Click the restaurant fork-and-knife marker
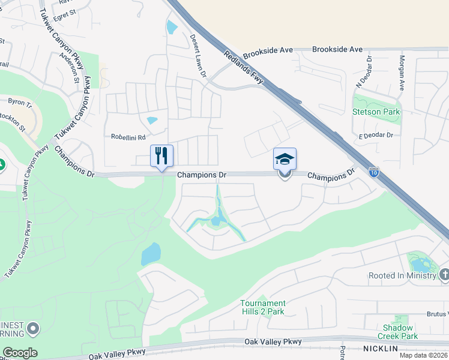(161, 157)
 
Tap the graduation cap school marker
(285, 160)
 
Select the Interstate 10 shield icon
(373, 172)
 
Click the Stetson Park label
(376, 112)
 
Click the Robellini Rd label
(128, 137)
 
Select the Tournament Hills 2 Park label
(263, 307)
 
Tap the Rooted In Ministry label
(402, 275)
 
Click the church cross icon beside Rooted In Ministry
(444, 275)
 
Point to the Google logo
(20, 353)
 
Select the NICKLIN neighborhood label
(381, 349)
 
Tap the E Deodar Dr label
(376, 136)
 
